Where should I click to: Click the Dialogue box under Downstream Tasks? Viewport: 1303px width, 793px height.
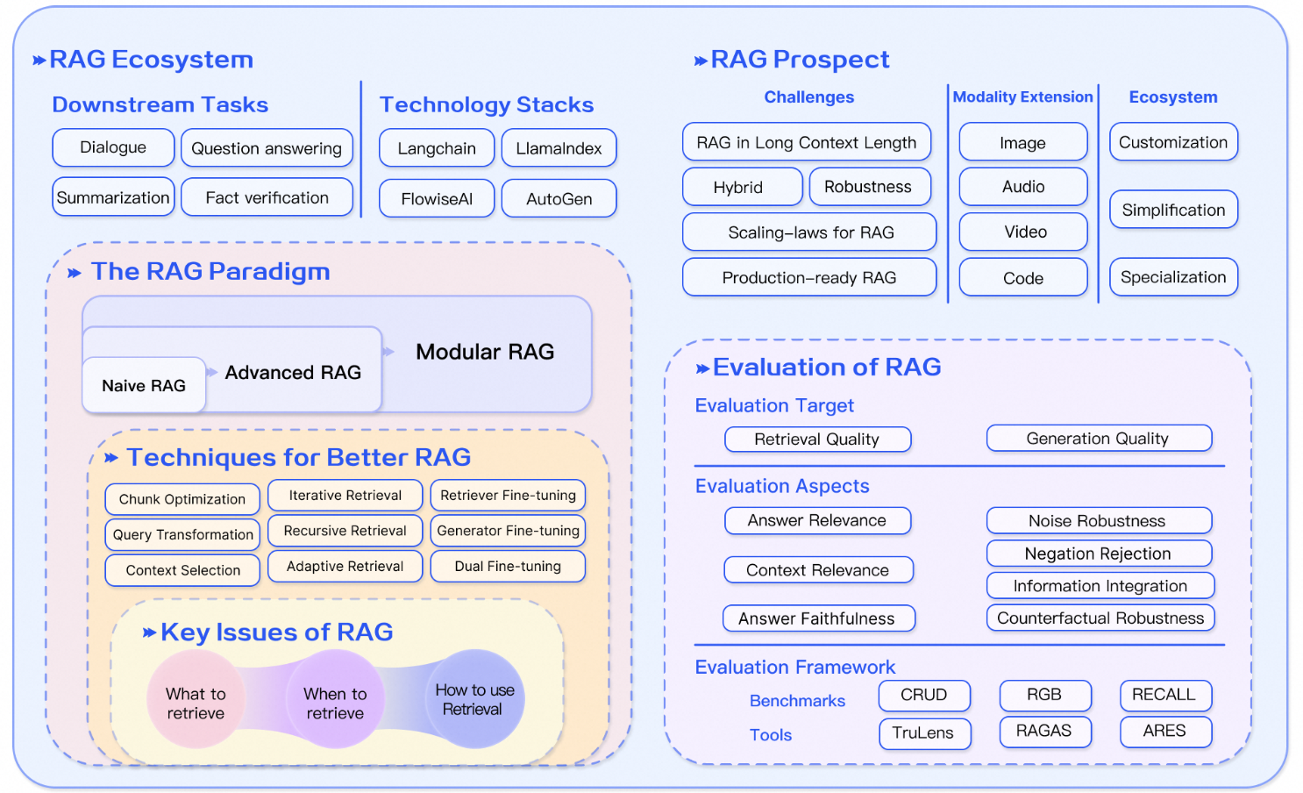coord(113,147)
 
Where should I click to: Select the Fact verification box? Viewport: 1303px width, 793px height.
coord(267,197)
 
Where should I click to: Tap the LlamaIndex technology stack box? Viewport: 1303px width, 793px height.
coord(559,148)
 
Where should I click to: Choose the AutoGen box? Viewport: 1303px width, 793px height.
coord(559,199)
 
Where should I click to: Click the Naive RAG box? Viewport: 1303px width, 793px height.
coord(144,386)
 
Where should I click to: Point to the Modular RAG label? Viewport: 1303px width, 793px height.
coord(485,352)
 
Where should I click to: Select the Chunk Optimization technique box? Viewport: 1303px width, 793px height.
coord(182,499)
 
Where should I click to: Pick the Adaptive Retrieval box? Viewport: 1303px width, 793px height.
coord(345,567)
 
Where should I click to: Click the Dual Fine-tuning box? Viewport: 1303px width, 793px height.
coord(508,567)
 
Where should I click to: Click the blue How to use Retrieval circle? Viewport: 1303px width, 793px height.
coord(474,699)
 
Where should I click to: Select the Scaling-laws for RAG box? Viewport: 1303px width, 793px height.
coord(810,232)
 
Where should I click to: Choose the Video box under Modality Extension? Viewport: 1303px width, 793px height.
coord(1024,232)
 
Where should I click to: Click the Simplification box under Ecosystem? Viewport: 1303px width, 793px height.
coord(1173,211)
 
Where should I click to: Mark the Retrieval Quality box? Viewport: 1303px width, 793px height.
coord(817,439)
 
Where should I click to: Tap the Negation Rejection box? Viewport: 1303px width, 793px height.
coord(1098,554)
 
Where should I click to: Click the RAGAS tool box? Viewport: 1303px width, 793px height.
coord(1044,731)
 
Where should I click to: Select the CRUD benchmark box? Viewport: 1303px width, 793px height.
coord(924,695)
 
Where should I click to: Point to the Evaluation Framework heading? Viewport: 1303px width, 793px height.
coord(794,668)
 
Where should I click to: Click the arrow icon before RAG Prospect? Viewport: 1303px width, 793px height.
coord(701,61)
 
